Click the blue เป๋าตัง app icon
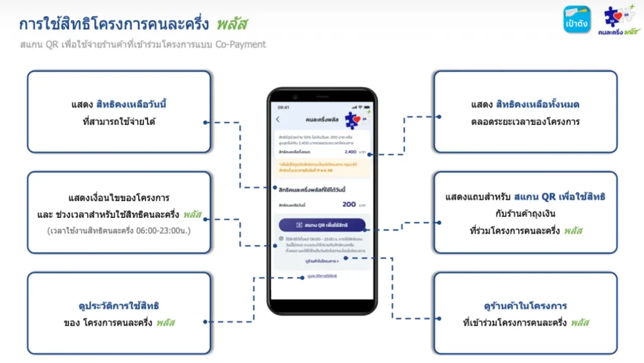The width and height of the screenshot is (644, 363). (x=576, y=19)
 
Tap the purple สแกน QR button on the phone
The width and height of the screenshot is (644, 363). (x=322, y=225)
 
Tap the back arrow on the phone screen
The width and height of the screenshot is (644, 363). (x=278, y=119)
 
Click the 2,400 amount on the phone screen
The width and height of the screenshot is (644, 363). (x=350, y=152)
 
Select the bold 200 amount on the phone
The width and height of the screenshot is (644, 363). (x=349, y=204)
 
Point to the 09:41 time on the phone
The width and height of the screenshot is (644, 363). (x=283, y=107)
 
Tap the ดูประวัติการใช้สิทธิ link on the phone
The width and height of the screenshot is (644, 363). (x=322, y=276)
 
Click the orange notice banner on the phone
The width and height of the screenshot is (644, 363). (x=322, y=168)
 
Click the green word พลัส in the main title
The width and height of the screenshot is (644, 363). (x=232, y=24)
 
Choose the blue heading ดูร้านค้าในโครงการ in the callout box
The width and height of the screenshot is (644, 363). (x=525, y=305)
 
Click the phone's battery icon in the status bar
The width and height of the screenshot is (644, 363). (x=369, y=107)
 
